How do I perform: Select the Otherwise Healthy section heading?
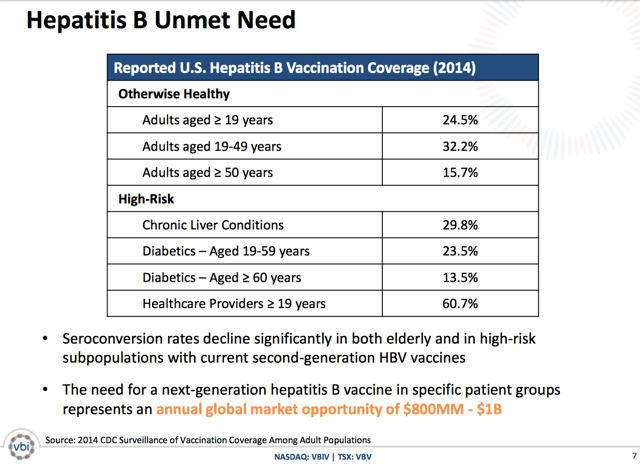pyautogui.click(x=174, y=94)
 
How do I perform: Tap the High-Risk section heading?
pyautogui.click(x=149, y=198)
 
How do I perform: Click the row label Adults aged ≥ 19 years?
pyautogui.click(x=207, y=120)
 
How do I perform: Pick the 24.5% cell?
pyautogui.click(x=461, y=120)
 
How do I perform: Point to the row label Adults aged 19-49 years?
pyautogui.click(x=211, y=146)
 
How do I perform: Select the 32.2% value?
pyautogui.click(x=461, y=146)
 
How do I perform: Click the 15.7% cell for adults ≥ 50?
pyautogui.click(x=461, y=172)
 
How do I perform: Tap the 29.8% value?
pyautogui.click(x=461, y=224)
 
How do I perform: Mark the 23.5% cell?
pyautogui.click(x=461, y=250)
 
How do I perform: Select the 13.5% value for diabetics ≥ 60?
pyautogui.click(x=461, y=276)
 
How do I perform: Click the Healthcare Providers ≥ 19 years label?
pyautogui.click(x=234, y=302)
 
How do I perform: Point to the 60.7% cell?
pyautogui.click(x=461, y=302)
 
